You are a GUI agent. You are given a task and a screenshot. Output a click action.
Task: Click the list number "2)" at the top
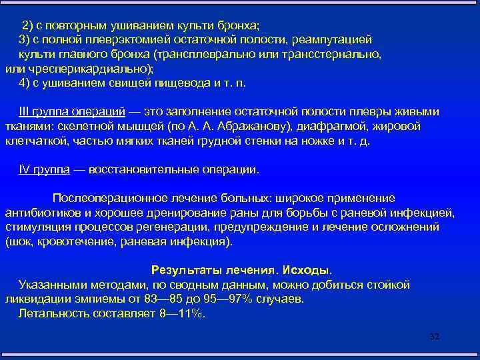(27, 25)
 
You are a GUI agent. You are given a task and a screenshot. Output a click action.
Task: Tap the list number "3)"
(25, 40)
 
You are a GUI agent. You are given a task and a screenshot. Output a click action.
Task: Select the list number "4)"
(25, 84)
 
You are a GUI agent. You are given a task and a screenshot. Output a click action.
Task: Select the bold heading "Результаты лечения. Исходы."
(241, 271)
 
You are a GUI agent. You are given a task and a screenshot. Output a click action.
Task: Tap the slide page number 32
(434, 337)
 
